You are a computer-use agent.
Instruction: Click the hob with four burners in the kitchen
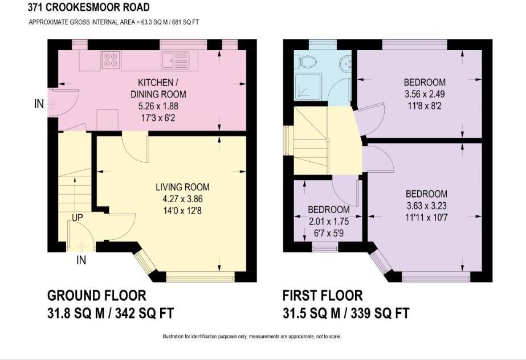[111, 60]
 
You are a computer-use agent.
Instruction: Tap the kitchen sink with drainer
[175, 61]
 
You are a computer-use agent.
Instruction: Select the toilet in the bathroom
[307, 62]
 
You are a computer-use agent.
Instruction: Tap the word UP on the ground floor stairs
[78, 218]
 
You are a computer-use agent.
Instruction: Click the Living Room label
[182, 187]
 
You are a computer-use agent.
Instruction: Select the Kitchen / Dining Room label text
[158, 88]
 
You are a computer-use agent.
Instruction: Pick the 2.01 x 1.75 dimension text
[329, 222]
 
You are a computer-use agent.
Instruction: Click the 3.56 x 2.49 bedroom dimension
[425, 94]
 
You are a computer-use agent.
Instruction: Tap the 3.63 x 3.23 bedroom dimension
[426, 206]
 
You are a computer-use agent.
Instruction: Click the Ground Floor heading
[97, 296]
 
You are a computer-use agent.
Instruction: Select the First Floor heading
[323, 296]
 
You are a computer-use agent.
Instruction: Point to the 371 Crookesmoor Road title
[88, 7]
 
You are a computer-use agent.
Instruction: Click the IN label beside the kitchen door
[39, 104]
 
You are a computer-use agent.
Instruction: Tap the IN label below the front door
[81, 260]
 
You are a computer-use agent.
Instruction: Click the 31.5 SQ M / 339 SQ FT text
[346, 313]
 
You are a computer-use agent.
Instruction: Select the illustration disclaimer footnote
[251, 336]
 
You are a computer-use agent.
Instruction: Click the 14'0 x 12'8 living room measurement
[182, 211]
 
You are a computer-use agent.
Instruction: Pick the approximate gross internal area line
[114, 22]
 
